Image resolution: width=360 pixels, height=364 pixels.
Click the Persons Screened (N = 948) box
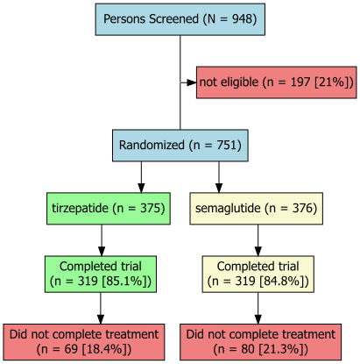[180, 19]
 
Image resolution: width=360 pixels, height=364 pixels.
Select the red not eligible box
[276, 82]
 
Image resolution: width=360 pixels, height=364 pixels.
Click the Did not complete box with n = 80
[261, 341]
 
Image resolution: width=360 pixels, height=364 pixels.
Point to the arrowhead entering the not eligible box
[191, 82]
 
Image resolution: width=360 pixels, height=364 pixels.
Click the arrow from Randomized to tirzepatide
[141, 177]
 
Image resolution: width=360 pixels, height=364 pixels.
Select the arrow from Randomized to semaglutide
[218, 177]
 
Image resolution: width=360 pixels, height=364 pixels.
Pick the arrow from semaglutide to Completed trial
[258, 239]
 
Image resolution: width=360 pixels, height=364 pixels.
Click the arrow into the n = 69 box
[100, 308]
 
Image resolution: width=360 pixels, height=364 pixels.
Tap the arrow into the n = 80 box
[258, 308]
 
